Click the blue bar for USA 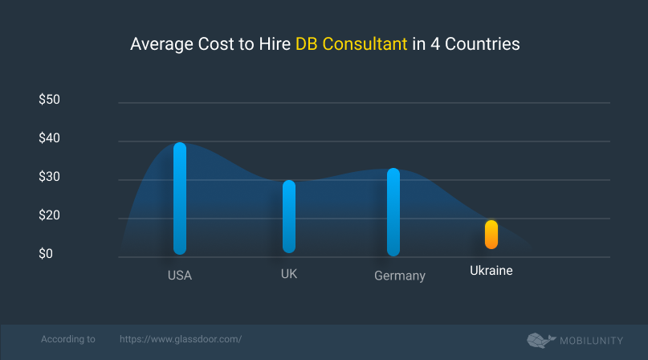tap(180, 198)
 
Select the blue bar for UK tap(289, 216)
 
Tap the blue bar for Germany tap(393, 212)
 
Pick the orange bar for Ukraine tap(491, 235)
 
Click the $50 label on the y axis tap(50, 100)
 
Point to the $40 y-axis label tap(50, 138)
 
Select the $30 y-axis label tap(50, 177)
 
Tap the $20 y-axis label tap(50, 215)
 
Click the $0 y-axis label tap(47, 254)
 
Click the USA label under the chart tap(180, 276)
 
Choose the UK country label tap(289, 274)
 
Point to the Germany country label tap(399, 276)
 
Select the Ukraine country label tap(491, 271)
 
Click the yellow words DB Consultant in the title tap(350, 45)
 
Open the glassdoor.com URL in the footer tap(181, 340)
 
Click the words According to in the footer tap(67, 340)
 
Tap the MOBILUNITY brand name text tap(593, 340)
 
